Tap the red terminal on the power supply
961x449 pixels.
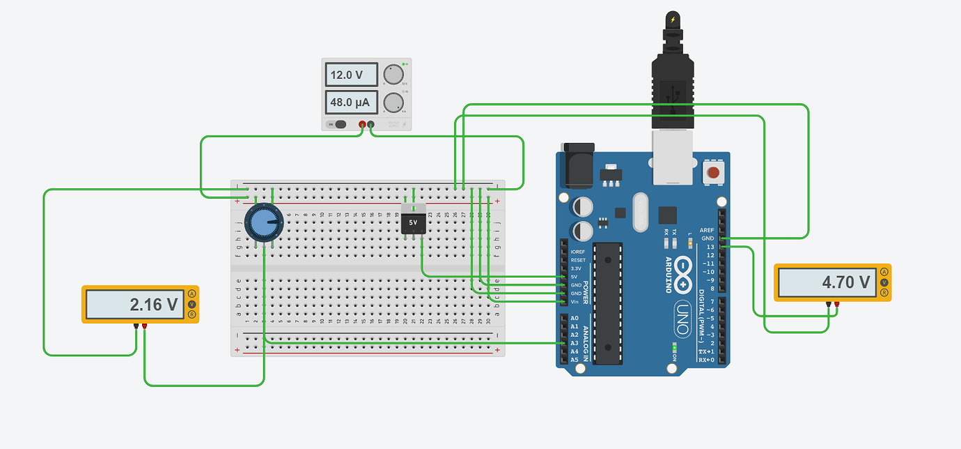click(362, 125)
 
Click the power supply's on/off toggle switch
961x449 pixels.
click(340, 125)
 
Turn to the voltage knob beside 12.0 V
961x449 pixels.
click(394, 75)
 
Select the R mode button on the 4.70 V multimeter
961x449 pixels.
click(884, 293)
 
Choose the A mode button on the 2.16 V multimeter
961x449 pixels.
click(192, 294)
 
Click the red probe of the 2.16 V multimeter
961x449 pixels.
click(145, 326)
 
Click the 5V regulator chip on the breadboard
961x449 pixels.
click(414, 222)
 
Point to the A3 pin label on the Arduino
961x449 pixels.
click(574, 343)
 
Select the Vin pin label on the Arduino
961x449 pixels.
click(574, 302)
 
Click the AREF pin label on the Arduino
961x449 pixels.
click(707, 230)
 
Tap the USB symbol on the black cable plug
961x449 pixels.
click(672, 98)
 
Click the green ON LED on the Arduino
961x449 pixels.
click(674, 347)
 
